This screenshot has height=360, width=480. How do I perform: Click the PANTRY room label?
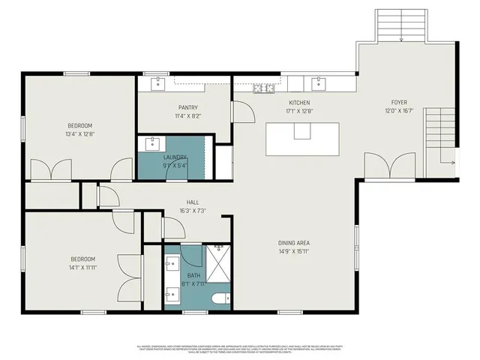(x=187, y=107)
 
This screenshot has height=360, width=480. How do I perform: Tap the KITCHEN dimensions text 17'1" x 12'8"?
(x=299, y=111)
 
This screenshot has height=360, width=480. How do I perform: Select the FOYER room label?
(x=398, y=103)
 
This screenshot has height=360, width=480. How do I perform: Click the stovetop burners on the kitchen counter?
(x=263, y=89)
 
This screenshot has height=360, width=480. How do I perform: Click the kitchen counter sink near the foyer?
(x=319, y=82)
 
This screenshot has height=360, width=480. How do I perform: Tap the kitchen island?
(x=301, y=139)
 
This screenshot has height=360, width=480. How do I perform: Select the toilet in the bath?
(x=220, y=299)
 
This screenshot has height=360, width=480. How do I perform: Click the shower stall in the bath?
(x=219, y=262)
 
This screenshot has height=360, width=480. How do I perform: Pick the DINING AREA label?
(x=294, y=243)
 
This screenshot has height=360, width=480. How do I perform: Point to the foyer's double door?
(x=388, y=164)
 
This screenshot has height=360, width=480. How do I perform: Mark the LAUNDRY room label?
(x=175, y=157)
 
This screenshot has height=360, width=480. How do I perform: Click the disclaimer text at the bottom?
(x=240, y=348)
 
